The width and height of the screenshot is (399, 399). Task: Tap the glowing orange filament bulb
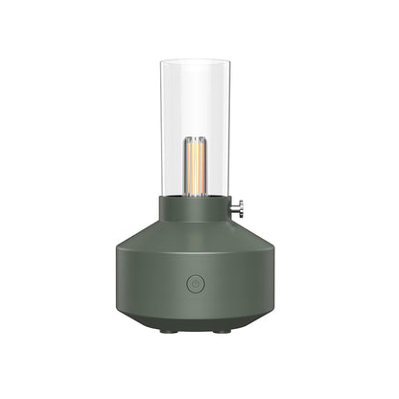coord(199,169)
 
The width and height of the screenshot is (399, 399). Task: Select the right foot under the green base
coord(222,330)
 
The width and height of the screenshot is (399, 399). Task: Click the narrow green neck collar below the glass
coord(199,206)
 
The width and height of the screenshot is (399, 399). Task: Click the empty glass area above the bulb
coord(199,101)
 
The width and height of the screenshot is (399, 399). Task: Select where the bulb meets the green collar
coord(199,195)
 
